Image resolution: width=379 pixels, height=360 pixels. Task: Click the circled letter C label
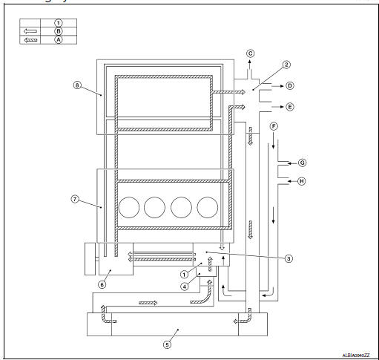(x=250, y=53)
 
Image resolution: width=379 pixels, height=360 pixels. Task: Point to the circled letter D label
(x=289, y=86)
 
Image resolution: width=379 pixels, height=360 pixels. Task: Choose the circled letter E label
(x=289, y=107)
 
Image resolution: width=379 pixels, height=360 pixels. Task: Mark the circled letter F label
(x=274, y=127)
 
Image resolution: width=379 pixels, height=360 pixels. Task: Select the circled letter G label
(x=302, y=161)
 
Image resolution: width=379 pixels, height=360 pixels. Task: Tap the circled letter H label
(x=302, y=181)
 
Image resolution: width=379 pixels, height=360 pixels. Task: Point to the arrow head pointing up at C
(x=250, y=64)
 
